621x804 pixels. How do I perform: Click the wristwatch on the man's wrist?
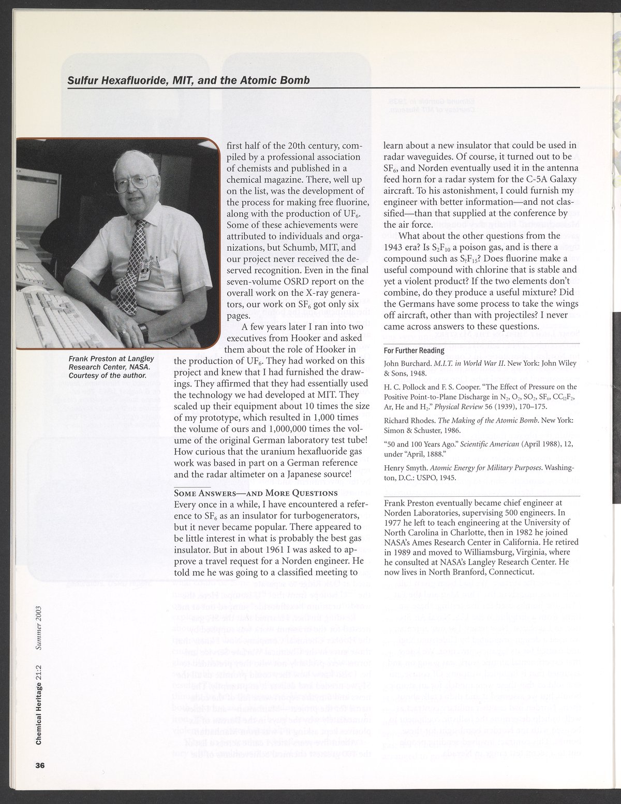pos(144,332)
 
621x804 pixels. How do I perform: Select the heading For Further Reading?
pos(413,351)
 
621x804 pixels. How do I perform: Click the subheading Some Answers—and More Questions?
pos(256,493)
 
